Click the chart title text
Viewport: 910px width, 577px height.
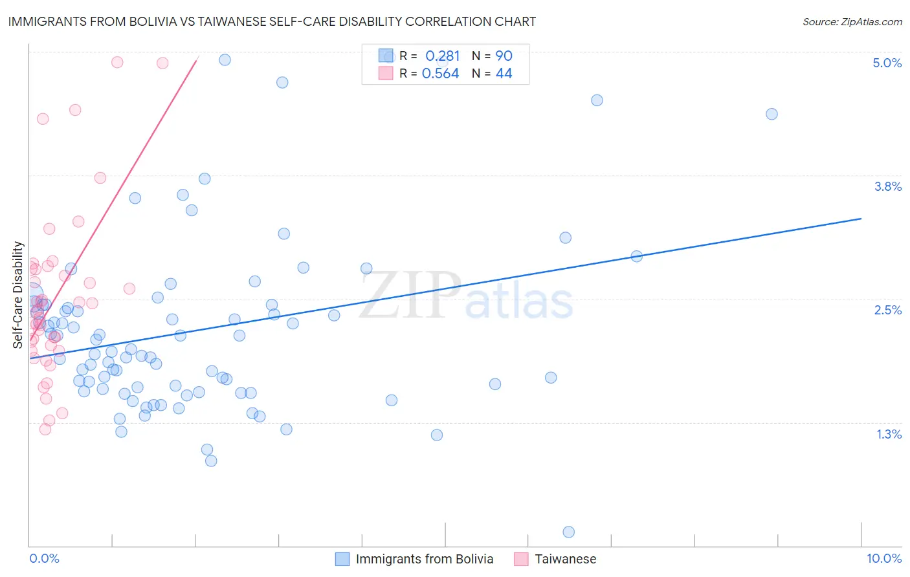tap(272, 21)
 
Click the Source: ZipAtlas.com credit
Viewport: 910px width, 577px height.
tap(852, 21)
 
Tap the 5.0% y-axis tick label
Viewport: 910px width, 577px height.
tap(887, 63)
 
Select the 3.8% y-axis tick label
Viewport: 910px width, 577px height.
tap(887, 186)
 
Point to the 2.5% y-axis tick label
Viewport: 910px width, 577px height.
tap(887, 310)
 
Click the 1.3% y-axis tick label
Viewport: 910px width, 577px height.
tap(889, 434)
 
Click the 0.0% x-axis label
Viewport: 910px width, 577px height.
tap(44, 558)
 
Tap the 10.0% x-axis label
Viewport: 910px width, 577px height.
tap(883, 558)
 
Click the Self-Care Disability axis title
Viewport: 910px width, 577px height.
tap(18, 295)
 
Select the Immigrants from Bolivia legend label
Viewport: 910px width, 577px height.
tap(424, 559)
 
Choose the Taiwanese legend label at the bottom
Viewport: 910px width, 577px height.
tap(565, 559)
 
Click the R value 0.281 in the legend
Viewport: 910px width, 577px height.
tap(442, 56)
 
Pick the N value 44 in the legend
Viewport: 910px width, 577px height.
tap(504, 74)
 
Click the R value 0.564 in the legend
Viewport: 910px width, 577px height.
tap(440, 74)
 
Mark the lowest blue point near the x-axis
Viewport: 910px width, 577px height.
tap(569, 532)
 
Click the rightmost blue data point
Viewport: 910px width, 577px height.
tap(771, 114)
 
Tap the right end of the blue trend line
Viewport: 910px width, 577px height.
tap(861, 219)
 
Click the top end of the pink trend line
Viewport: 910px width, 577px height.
tap(197, 58)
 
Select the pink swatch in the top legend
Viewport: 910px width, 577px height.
tap(386, 73)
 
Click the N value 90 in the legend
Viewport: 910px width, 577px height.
tap(504, 56)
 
